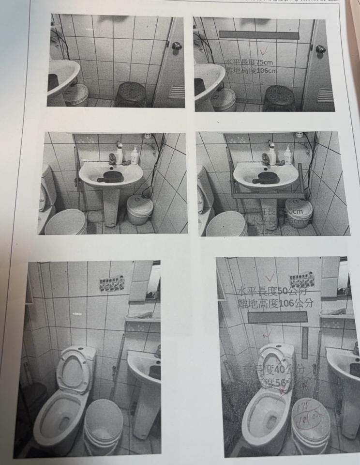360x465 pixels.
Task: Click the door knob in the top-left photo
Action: [x=176, y=46]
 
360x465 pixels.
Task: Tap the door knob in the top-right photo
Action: [x=320, y=49]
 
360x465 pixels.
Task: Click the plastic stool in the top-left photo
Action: [x=131, y=94]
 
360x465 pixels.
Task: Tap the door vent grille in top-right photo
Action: [x=325, y=95]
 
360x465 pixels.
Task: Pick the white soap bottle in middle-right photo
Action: [x=288, y=156]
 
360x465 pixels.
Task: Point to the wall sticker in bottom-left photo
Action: [x=112, y=284]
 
